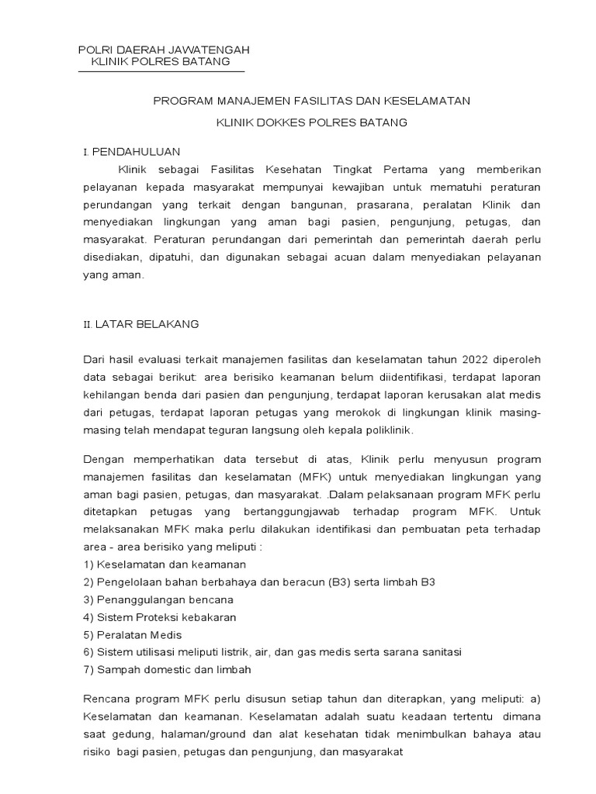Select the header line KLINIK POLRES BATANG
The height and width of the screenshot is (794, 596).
(161, 61)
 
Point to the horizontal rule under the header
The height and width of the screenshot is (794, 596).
(161, 71)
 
